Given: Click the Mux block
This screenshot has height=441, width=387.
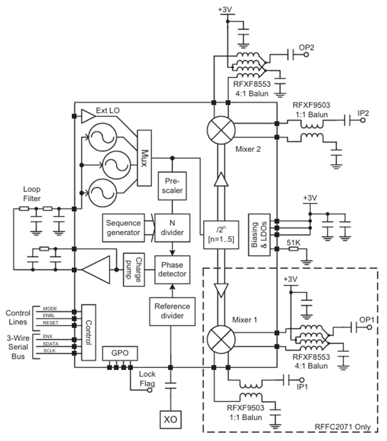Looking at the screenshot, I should (145, 158).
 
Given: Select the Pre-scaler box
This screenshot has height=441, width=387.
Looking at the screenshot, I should (171, 185).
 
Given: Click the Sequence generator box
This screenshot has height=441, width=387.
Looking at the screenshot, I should (123, 227).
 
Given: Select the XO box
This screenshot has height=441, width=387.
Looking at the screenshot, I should (171, 419).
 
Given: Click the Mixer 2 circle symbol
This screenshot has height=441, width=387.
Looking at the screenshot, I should (221, 129).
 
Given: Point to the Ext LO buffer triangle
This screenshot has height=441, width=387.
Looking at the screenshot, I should (87, 116).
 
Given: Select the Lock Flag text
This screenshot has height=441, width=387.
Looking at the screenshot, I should (147, 379).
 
